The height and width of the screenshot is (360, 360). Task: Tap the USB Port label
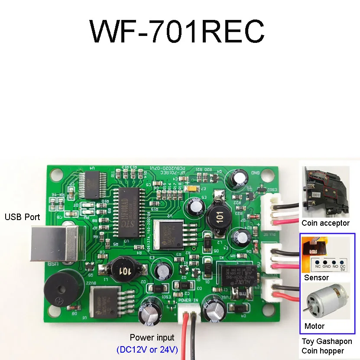point(22,217)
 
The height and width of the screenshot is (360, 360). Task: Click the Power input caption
point(152,337)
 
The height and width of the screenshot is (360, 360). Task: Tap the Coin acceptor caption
point(326,223)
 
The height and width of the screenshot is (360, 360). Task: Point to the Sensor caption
point(316,278)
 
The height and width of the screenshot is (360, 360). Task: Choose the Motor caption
point(315,326)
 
